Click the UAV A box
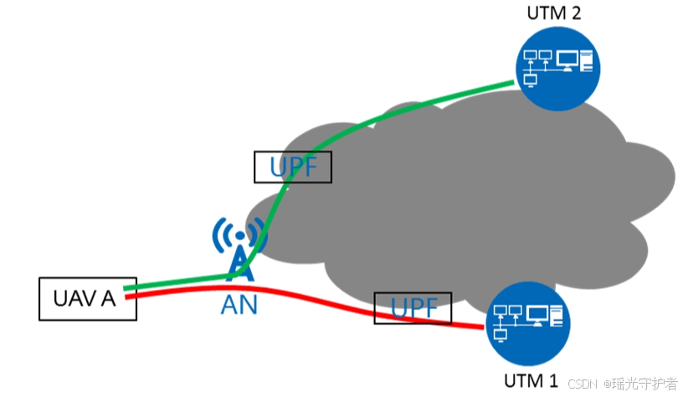click(88, 298)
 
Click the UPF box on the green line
click(293, 167)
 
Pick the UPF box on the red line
click(413, 308)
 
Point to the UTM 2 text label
click(553, 13)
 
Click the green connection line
click(402, 109)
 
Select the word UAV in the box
click(72, 298)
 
